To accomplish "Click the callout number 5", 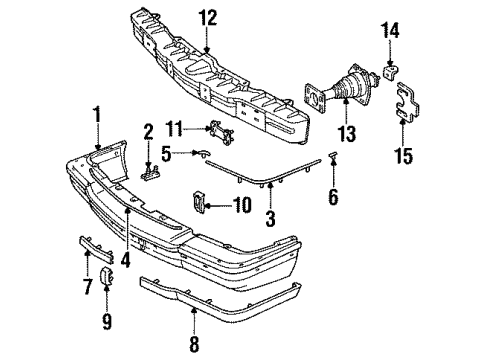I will (168, 154).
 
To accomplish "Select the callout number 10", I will (241, 206).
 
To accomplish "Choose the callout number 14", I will (389, 32).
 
